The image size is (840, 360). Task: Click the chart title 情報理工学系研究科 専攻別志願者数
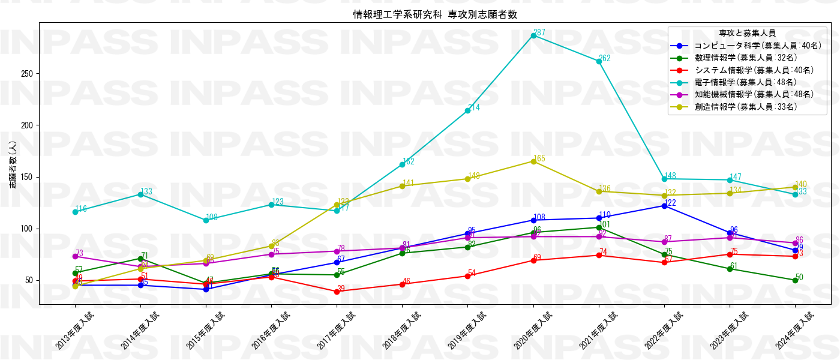[435, 14]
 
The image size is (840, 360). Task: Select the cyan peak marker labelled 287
[533, 35]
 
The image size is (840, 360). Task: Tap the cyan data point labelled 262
[599, 61]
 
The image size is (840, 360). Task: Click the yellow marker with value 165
[533, 161]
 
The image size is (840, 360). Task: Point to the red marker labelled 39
[337, 292]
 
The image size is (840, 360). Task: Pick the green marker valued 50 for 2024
[795, 280]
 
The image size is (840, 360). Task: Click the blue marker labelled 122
[664, 206]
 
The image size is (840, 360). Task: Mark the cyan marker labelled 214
[467, 110]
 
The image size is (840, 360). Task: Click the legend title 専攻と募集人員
[747, 33]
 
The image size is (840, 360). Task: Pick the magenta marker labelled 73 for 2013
[75, 257]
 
